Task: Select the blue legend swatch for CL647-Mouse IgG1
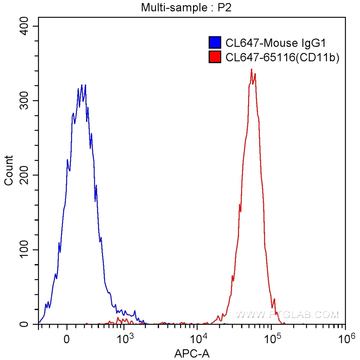(x=215, y=43)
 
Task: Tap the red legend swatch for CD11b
(x=215, y=57)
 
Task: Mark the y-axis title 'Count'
(x=8, y=170)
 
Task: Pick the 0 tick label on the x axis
(x=67, y=340)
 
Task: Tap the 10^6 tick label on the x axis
(x=345, y=339)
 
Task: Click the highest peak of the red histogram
(x=252, y=70)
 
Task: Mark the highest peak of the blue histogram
(x=82, y=85)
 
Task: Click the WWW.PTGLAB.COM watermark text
(x=288, y=314)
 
